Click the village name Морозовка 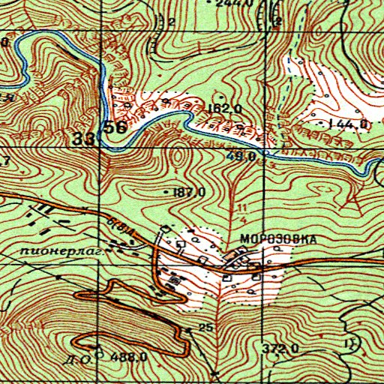click(x=274, y=239)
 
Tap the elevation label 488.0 click(x=127, y=357)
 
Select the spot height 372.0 click(x=282, y=349)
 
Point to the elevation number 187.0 click(x=189, y=193)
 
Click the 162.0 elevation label click(x=225, y=109)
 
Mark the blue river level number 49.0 click(x=246, y=156)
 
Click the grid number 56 click(x=115, y=127)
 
